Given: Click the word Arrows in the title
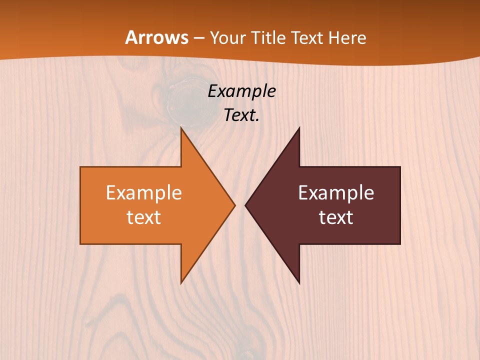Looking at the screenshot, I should pyautogui.click(x=156, y=37).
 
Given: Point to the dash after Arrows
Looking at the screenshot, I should pyautogui.click(x=198, y=38).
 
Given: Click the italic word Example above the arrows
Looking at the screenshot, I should pyautogui.click(x=241, y=91).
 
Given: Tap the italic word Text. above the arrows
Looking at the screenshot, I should pyautogui.click(x=241, y=115).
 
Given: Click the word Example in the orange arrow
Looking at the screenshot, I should pyautogui.click(x=144, y=192).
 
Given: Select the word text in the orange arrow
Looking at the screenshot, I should pyautogui.click(x=144, y=217).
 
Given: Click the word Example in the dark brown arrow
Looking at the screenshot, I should pyautogui.click(x=336, y=192).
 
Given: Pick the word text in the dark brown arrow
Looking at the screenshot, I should pyautogui.click(x=336, y=217).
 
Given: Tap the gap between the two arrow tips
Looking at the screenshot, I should pyautogui.click(x=240, y=205).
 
